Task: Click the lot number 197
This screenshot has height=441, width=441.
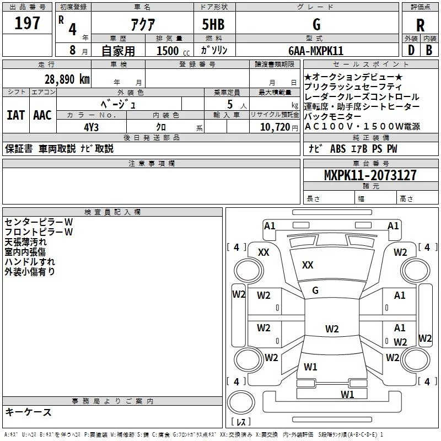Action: coord(27,24)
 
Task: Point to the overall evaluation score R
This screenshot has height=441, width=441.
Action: coord(421,25)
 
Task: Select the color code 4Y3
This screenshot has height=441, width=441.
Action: coord(92,126)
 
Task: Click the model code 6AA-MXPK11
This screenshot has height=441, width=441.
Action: coord(316,51)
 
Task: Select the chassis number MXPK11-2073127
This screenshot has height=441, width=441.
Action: coord(370,175)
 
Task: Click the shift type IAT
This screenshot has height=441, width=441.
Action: coord(15,115)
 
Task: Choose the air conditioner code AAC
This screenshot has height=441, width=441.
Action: coord(42,115)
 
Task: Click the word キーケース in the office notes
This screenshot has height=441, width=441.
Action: coord(28,412)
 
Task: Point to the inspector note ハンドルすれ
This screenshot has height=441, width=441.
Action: coord(30,261)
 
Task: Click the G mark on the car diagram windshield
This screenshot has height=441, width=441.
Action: coord(315,291)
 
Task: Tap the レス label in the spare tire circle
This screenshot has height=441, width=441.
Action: coord(240,422)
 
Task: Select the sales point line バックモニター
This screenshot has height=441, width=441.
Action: coord(332,117)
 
